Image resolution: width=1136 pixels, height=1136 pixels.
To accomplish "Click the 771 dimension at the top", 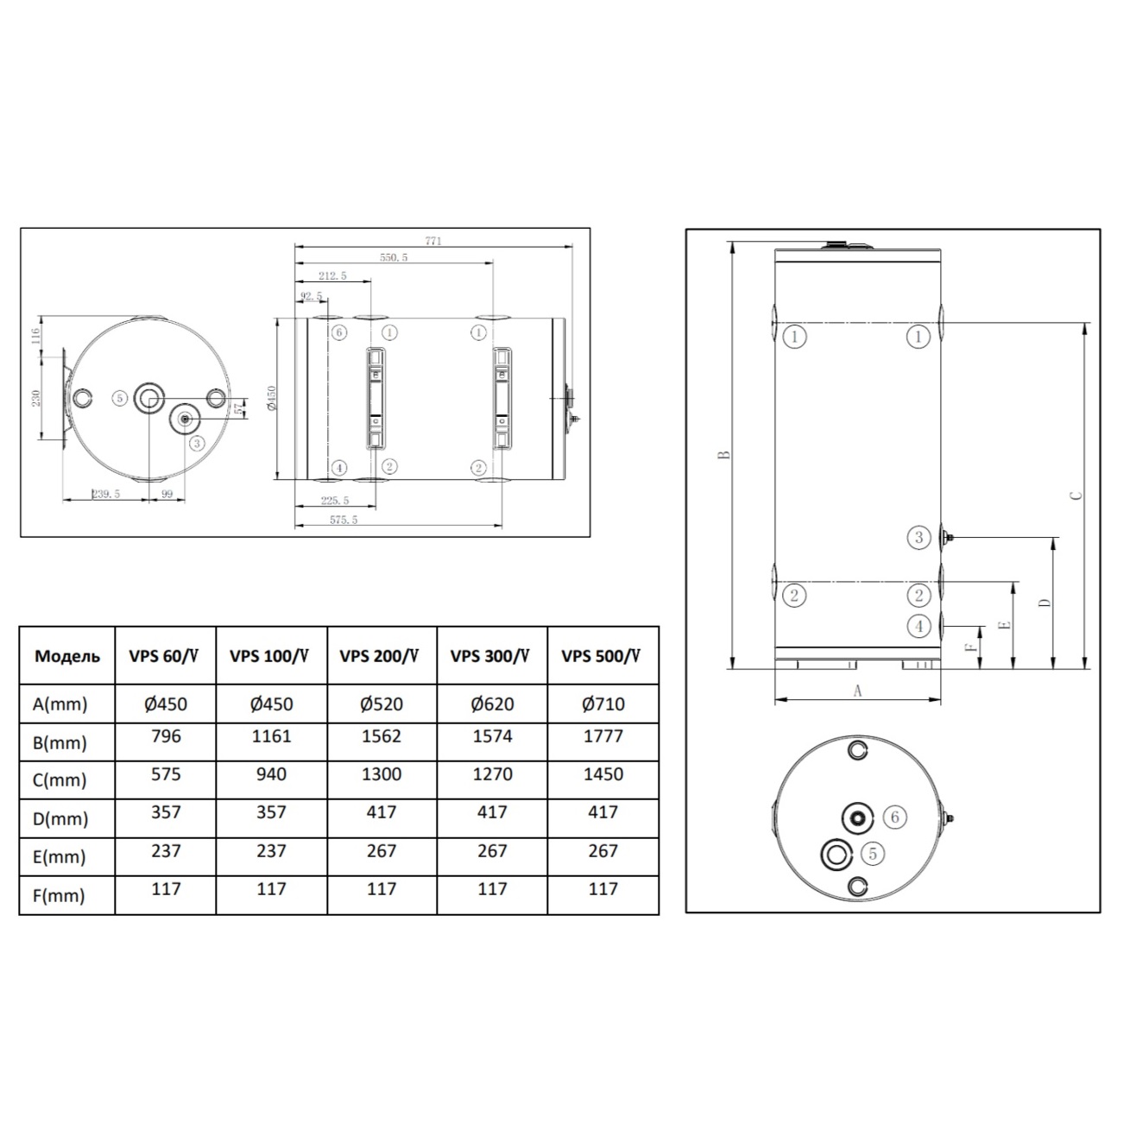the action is (x=433, y=241).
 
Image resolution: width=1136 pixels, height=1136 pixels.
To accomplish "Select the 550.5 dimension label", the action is (x=394, y=257).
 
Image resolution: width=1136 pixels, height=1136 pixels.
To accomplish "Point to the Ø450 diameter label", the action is (x=271, y=399).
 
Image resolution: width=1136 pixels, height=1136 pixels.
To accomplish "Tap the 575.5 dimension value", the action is (x=344, y=520).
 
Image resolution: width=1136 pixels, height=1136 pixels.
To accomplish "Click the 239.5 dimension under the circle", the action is (x=106, y=494).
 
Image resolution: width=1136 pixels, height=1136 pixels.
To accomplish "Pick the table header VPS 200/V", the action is (x=379, y=656).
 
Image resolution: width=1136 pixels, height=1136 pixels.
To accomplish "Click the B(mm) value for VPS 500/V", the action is (x=603, y=736).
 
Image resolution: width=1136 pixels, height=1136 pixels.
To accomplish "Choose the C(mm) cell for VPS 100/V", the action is (x=271, y=774).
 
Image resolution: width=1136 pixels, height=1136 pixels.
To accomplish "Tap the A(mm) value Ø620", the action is (x=492, y=704).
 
